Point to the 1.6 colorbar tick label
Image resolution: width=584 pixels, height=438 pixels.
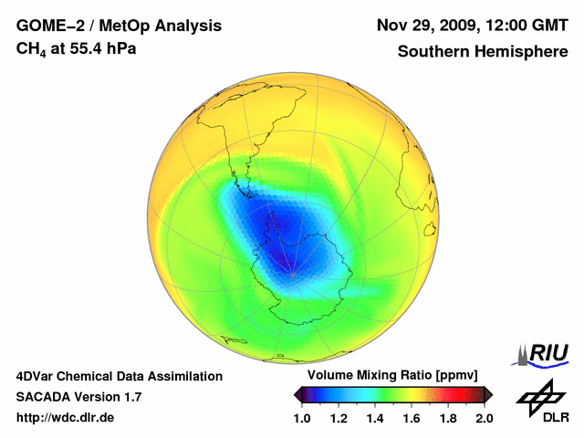pyautogui.click(x=412, y=418)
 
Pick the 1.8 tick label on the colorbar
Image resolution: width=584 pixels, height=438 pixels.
pyautogui.click(x=448, y=418)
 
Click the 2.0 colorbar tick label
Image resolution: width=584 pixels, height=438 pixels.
pyautogui.click(x=485, y=418)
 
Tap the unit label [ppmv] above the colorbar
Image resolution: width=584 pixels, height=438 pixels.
pyautogui.click(x=453, y=376)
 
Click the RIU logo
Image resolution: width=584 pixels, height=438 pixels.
pyautogui.click(x=544, y=353)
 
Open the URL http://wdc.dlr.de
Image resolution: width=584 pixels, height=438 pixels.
pyautogui.click(x=66, y=418)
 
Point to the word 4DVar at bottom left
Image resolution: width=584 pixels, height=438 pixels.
pyautogui.click(x=38, y=376)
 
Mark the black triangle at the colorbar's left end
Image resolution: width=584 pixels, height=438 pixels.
pyautogui.click(x=297, y=394)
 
